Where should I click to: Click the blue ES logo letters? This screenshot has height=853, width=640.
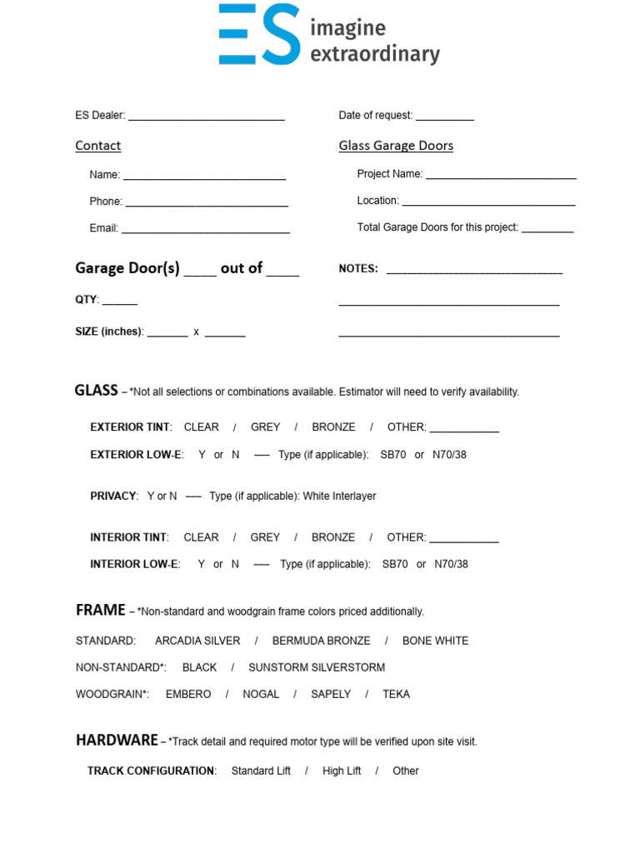click(259, 34)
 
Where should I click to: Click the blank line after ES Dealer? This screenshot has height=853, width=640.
click(207, 117)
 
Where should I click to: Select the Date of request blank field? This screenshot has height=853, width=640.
click(445, 117)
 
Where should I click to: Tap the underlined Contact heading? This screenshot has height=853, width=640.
click(98, 146)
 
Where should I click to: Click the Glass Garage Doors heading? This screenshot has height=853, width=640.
click(396, 146)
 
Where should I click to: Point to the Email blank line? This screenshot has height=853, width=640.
click(206, 230)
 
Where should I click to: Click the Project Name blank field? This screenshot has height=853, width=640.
click(501, 176)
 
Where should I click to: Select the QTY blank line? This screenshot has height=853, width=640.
click(120, 302)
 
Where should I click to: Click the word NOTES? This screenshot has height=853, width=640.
click(358, 269)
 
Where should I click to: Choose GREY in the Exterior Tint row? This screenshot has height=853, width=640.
click(265, 427)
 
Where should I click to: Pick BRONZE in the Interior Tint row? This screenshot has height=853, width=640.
click(333, 537)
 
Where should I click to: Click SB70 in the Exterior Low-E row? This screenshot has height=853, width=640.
click(393, 455)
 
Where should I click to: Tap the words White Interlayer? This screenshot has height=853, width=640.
click(339, 496)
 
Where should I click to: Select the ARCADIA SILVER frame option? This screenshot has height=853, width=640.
click(197, 641)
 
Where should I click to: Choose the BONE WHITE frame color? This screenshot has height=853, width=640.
click(435, 641)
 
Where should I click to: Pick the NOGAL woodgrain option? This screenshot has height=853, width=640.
click(261, 694)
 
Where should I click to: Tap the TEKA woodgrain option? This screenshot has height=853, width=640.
click(396, 694)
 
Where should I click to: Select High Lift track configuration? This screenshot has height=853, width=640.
click(342, 771)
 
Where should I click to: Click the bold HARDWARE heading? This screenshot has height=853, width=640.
click(117, 740)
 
